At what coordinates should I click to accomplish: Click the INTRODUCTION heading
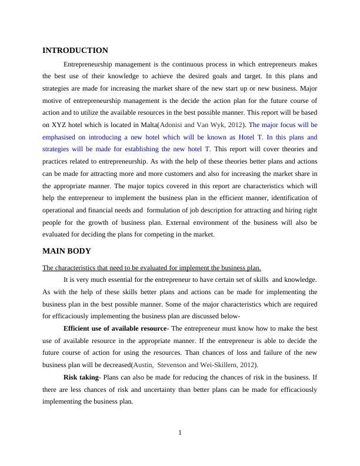(75, 51)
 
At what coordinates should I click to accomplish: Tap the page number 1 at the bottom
(180, 434)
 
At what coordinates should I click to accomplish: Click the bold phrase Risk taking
(81, 377)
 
